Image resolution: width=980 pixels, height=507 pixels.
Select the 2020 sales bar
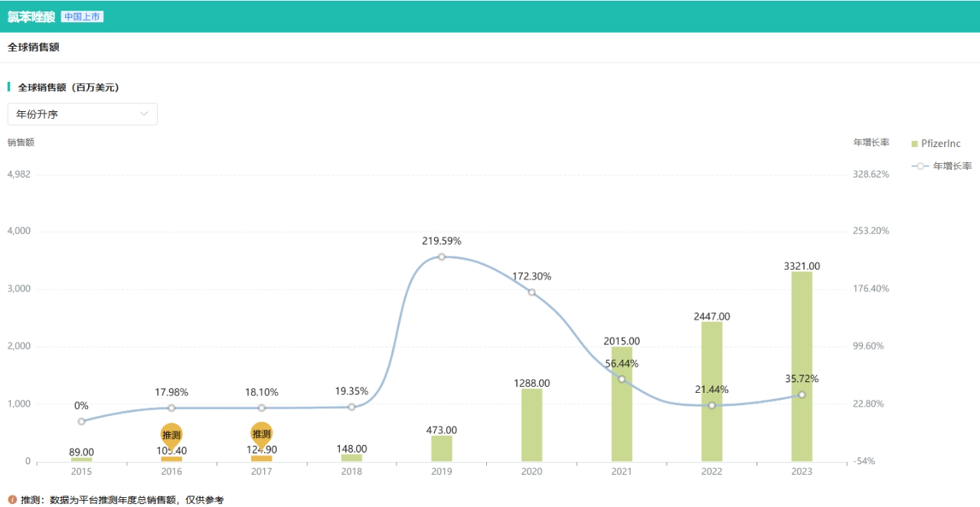pos(531,425)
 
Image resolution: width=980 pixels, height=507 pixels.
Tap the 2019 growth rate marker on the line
pos(442,257)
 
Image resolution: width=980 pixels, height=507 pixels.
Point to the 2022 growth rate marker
pos(712,405)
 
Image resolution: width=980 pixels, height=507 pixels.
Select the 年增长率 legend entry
pos(942,165)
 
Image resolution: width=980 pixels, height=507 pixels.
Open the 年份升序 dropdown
pos(83,114)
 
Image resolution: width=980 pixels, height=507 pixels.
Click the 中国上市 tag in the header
pos(82,17)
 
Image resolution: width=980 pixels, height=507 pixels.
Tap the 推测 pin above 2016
pos(171,435)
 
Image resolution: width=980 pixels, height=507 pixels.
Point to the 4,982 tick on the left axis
pos(18,174)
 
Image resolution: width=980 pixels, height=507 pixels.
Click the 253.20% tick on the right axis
pos(871,231)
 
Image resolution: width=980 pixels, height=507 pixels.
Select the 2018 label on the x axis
pos(351,472)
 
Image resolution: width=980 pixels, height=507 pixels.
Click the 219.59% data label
pos(442,241)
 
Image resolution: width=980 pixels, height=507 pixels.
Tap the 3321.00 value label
pos(802,266)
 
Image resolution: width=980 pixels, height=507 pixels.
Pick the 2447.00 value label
pos(712,316)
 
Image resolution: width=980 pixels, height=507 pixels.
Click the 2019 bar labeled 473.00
pos(442,448)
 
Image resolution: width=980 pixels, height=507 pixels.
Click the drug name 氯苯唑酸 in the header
pos(31,17)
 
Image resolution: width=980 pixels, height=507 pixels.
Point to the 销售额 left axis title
pos(21,142)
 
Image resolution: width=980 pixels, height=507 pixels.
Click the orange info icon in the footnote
pos(12,500)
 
